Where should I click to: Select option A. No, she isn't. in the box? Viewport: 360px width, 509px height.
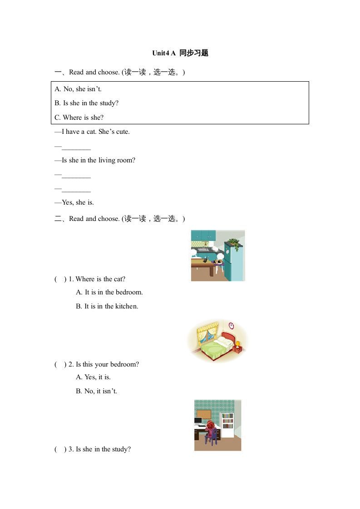tap(78, 89)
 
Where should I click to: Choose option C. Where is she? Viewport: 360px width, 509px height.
tap(79, 117)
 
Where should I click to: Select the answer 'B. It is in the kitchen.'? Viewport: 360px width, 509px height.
tap(107, 306)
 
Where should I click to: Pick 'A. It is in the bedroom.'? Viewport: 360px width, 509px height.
tap(109, 292)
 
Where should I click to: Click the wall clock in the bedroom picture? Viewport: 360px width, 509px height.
tap(231, 325)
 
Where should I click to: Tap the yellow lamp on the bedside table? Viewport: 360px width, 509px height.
tap(237, 343)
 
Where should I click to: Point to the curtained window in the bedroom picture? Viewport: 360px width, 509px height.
tap(207, 336)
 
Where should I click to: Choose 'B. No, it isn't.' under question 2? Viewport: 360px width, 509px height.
tap(96, 391)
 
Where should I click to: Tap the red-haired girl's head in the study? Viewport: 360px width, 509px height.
tap(211, 425)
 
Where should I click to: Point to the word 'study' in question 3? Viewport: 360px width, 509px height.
tap(122, 449)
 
